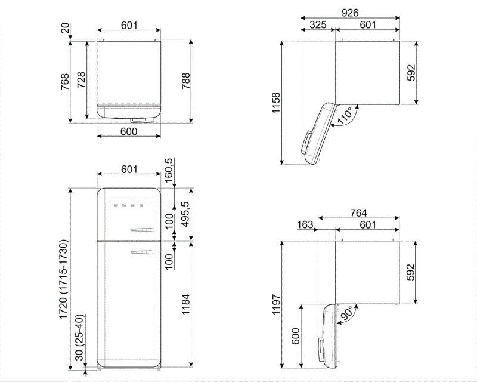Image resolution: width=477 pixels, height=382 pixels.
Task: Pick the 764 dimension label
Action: tap(358, 213)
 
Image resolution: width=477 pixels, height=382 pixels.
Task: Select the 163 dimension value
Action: tap(305, 224)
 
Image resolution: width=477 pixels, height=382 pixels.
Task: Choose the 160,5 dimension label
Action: tap(169, 170)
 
